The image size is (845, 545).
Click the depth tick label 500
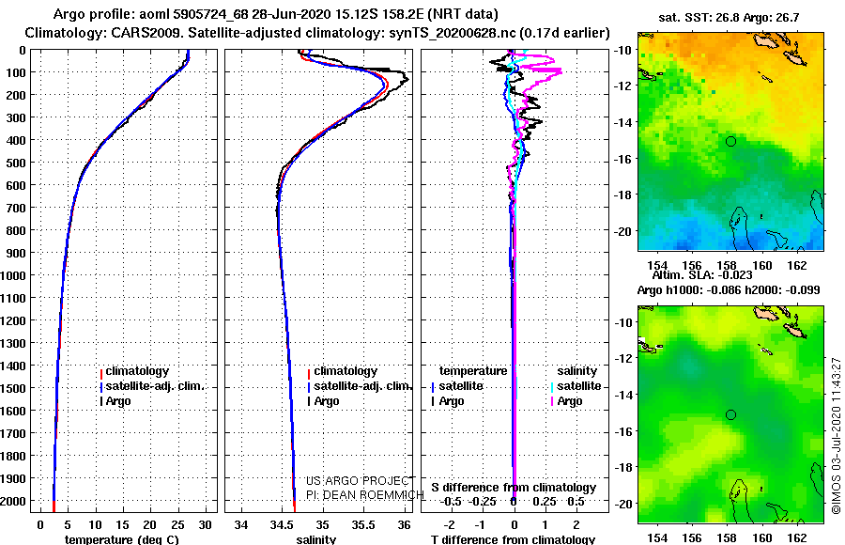[16, 163]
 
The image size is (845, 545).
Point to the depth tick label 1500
[12, 388]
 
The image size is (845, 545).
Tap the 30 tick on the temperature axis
[205, 525]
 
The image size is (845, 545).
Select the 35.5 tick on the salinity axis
[362, 525]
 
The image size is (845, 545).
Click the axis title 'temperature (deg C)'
[121, 539]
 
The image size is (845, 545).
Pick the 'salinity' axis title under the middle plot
[315, 539]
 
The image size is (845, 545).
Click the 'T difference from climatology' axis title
[513, 539]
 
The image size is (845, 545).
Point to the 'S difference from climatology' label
[514, 488]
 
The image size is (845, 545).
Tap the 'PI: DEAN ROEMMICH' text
[365, 495]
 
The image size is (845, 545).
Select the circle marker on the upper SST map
[730, 141]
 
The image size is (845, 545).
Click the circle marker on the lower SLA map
[730, 414]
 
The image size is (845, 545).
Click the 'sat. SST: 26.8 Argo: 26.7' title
[729, 18]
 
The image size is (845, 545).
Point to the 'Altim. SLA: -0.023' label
[702, 275]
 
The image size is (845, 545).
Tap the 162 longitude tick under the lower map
[797, 537]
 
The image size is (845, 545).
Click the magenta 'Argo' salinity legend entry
[565, 401]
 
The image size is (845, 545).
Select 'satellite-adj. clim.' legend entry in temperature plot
[151, 386]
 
